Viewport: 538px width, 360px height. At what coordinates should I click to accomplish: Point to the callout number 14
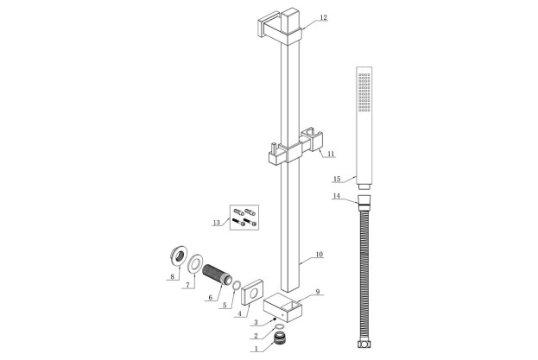337,198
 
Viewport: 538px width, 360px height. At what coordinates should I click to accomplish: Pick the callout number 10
319,255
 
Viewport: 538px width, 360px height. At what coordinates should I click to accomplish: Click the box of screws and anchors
245,217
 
